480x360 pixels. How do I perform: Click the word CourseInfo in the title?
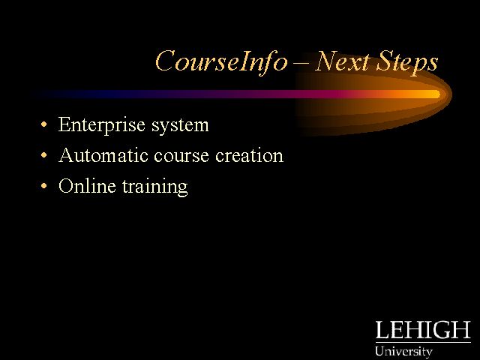pyautogui.click(x=222, y=62)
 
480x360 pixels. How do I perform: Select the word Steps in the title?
pyautogui.click(x=407, y=62)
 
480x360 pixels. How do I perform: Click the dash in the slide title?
pyautogui.click(x=301, y=64)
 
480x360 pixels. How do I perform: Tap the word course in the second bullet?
pyautogui.click(x=181, y=157)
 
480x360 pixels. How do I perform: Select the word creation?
pyautogui.click(x=249, y=155)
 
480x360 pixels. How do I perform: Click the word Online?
pyautogui.click(x=87, y=186)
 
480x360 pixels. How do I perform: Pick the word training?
pyautogui.click(x=155, y=187)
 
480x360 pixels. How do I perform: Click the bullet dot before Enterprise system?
pyautogui.click(x=44, y=124)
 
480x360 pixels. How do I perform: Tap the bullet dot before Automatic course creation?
pyautogui.click(x=44, y=155)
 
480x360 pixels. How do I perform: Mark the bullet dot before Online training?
pyautogui.click(x=44, y=186)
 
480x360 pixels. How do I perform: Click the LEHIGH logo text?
pyautogui.click(x=423, y=330)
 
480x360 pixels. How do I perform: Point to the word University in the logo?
pyautogui.click(x=403, y=351)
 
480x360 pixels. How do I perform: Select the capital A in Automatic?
pyautogui.click(x=67, y=155)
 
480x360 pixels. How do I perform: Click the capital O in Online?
pyautogui.click(x=66, y=185)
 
